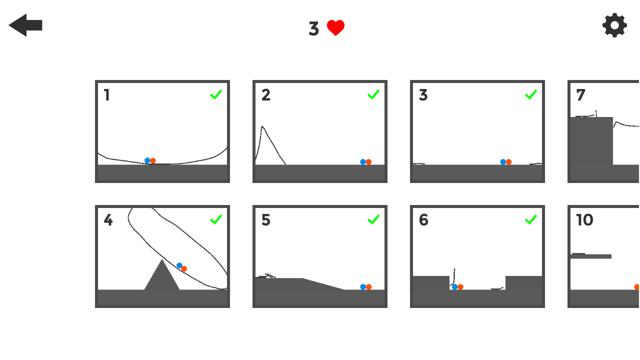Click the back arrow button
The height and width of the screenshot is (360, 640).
(x=25, y=25)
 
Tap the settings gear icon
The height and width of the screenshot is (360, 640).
(x=614, y=25)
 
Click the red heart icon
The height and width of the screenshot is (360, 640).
(x=335, y=28)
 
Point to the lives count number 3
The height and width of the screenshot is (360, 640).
(x=313, y=29)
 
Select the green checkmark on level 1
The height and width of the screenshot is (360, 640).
(x=216, y=94)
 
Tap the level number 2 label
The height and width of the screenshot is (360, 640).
(x=266, y=95)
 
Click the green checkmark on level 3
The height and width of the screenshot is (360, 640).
(x=531, y=94)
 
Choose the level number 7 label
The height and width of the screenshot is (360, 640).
(x=580, y=95)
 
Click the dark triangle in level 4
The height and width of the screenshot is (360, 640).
(x=161, y=277)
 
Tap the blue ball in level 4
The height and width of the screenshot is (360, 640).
(x=179, y=265)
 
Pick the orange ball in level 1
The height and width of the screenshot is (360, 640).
(x=153, y=160)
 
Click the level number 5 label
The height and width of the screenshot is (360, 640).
(x=266, y=220)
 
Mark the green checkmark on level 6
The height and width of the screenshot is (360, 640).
(x=531, y=219)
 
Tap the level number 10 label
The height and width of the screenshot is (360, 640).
(x=584, y=220)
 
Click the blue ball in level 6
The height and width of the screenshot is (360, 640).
(x=454, y=287)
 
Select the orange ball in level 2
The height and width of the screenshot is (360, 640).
(x=368, y=162)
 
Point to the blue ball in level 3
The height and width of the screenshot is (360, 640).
(x=503, y=162)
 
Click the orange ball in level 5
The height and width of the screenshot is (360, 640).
(x=368, y=287)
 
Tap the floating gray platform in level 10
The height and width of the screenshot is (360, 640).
(x=591, y=256)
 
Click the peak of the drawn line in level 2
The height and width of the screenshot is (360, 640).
(x=262, y=126)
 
